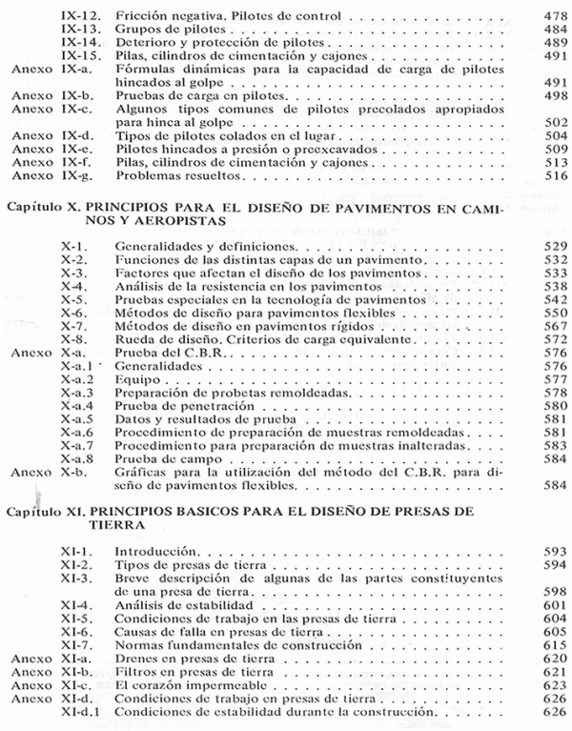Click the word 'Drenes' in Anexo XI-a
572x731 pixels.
click(134, 658)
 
